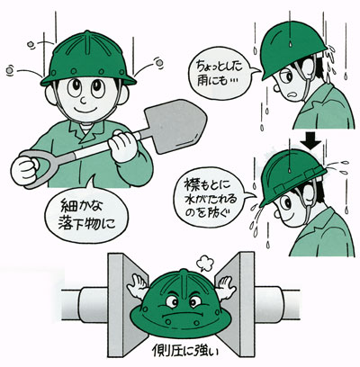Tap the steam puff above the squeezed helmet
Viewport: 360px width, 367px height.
click(205, 264)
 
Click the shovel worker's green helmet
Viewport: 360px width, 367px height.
click(88, 59)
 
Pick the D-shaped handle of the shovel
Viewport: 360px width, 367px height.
click(42, 167)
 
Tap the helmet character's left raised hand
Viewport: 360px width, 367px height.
click(138, 286)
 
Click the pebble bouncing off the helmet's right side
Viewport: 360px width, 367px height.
click(159, 62)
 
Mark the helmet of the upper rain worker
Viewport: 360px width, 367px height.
click(292, 48)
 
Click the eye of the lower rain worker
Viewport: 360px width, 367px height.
click(287, 204)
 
